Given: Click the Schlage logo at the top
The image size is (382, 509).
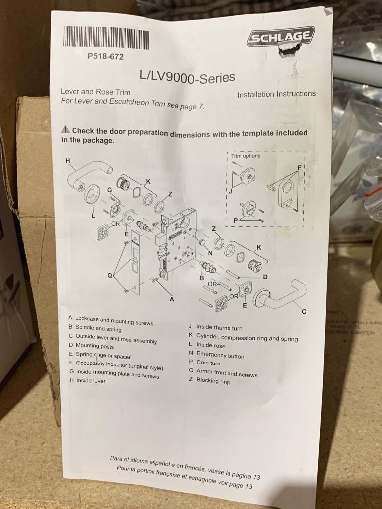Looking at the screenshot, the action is coord(282,36).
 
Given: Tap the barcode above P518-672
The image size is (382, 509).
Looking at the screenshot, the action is coord(106,37).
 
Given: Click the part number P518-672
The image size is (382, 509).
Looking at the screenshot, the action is coord(106,57).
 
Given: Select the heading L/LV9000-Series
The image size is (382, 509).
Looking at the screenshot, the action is coord(187,77).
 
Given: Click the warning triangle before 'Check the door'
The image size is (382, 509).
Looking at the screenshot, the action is coord(65,129).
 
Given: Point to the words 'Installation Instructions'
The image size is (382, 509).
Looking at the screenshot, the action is coord(277,94).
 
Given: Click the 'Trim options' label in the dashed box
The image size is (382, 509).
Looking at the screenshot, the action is coord(246,156).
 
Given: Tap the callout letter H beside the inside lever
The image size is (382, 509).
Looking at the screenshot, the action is coord(68,161).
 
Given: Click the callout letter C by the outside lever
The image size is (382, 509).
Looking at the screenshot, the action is coord(304,312).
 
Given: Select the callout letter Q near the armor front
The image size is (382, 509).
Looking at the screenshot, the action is coord(110,276).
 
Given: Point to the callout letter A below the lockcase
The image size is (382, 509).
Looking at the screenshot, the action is coord(172,299).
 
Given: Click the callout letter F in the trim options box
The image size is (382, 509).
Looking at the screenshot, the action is coord(300,168).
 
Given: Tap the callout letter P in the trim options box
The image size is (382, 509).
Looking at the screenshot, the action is coord(236,221).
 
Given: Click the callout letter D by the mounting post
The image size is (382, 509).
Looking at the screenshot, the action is coord(265,277).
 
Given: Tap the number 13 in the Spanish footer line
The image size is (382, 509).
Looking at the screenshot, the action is coord(256,477).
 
